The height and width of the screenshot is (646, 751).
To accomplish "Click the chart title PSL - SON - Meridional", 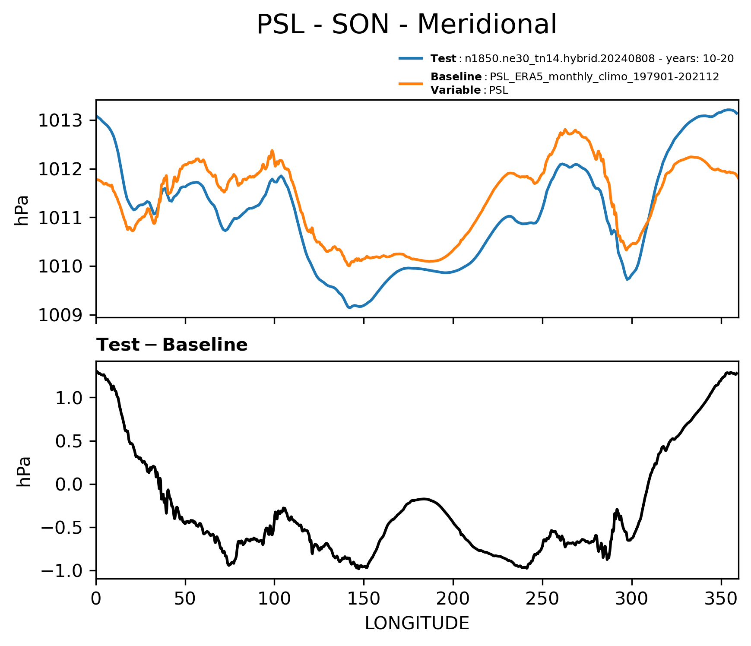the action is [x=406, y=25].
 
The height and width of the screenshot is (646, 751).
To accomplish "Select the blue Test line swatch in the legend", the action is [x=411, y=58].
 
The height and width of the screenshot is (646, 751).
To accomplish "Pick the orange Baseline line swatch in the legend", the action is [x=411, y=83].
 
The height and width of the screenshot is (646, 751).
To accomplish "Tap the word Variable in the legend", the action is [x=456, y=90].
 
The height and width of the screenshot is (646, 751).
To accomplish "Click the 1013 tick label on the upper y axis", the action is [x=60, y=120].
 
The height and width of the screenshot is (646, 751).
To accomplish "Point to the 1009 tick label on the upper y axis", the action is [x=60, y=315].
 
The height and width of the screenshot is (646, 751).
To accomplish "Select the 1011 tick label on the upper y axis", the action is [x=60, y=218].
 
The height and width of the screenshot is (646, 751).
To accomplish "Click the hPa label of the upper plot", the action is [x=22, y=210].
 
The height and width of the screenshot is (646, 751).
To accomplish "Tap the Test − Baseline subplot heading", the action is [x=172, y=345].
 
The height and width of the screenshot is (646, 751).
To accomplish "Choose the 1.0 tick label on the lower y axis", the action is [x=69, y=398].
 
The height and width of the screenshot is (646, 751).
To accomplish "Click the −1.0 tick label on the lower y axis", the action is [x=62, y=571].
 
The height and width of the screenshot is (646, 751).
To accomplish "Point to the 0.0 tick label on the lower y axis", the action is [x=69, y=484].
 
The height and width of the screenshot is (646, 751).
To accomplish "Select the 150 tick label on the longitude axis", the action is [x=364, y=598].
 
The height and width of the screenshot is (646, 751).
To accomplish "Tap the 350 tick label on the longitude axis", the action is [x=721, y=598].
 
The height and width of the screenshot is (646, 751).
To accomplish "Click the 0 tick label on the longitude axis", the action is [x=96, y=598].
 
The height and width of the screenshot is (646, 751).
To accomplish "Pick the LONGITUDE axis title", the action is [x=417, y=623].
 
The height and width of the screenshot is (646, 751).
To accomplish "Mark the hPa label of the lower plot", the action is [x=24, y=472].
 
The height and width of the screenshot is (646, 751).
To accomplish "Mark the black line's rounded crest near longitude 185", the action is [x=425, y=499].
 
